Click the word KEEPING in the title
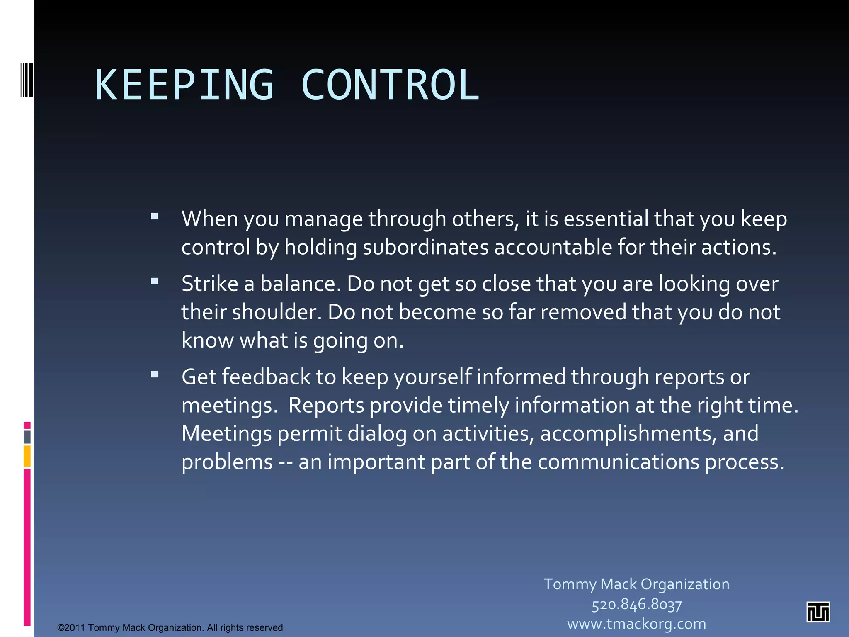(x=184, y=85)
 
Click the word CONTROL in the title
(x=390, y=85)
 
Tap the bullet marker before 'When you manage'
(x=155, y=216)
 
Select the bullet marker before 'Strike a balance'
(x=155, y=282)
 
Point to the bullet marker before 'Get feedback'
(x=155, y=375)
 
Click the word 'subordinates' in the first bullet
(x=425, y=247)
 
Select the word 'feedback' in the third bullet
(x=266, y=377)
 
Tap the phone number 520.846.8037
(x=636, y=604)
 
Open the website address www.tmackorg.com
(x=636, y=624)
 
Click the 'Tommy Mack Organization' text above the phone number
(x=636, y=584)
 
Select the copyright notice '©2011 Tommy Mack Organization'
(x=170, y=627)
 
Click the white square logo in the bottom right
(x=818, y=612)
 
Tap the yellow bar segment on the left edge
(x=27, y=456)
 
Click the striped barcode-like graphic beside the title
(x=26, y=80)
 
